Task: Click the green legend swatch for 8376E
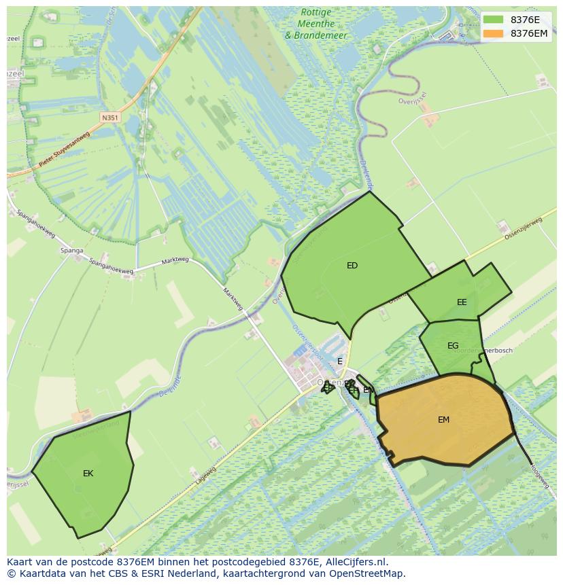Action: click(494, 20)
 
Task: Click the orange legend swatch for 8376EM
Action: click(494, 33)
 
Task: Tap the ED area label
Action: click(352, 266)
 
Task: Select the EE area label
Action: click(462, 302)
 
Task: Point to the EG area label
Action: click(453, 346)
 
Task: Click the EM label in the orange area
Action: click(443, 420)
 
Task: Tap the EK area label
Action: click(88, 474)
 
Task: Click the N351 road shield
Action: click(109, 118)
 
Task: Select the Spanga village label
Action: click(71, 251)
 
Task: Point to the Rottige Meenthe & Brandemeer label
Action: click(315, 24)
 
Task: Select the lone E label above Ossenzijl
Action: click(340, 361)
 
